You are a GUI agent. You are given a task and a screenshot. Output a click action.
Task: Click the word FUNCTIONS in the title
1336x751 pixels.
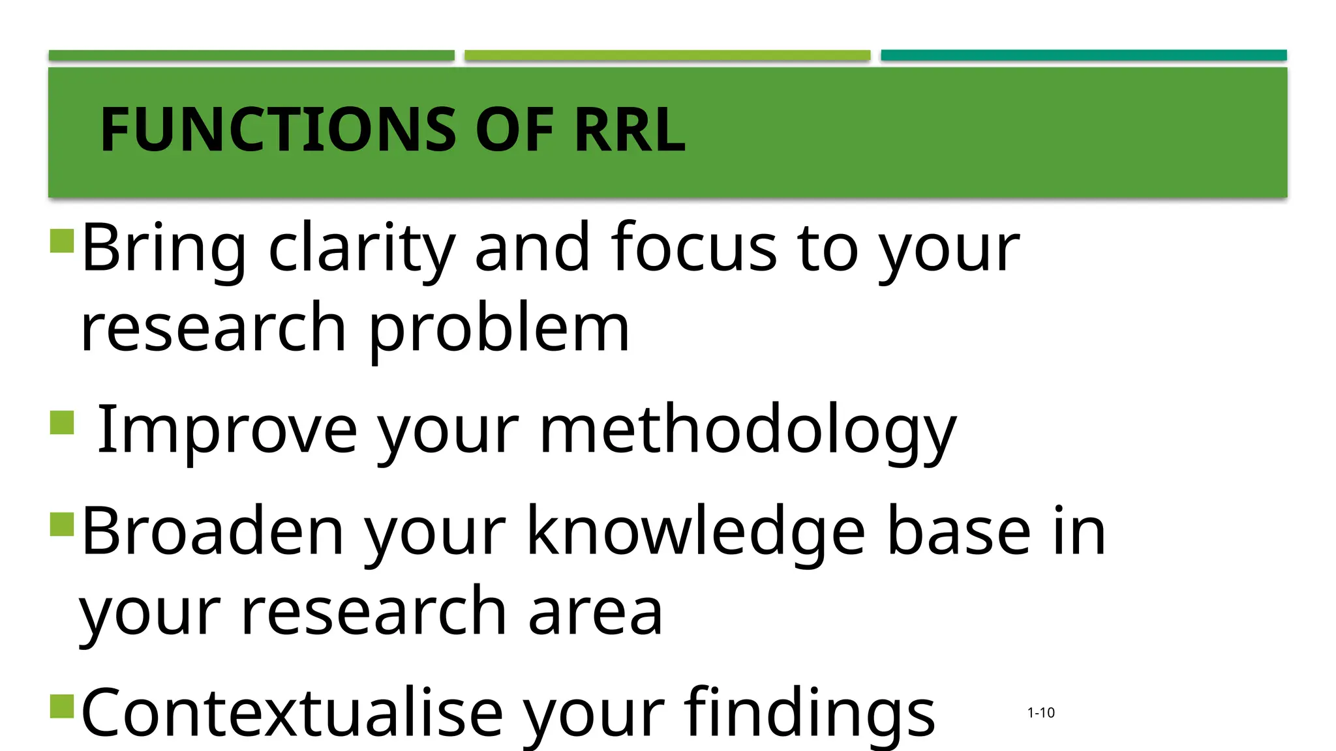point(278,130)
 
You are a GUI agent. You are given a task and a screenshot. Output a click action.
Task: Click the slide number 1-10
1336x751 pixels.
point(1040,713)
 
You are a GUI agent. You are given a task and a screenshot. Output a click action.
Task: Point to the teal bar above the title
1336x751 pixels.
point(1084,55)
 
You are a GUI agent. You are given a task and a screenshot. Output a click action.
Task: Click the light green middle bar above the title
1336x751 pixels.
point(667,55)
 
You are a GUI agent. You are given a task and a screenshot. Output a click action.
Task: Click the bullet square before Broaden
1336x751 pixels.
point(62,523)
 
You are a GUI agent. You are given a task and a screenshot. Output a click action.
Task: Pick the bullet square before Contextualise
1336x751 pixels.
point(62,705)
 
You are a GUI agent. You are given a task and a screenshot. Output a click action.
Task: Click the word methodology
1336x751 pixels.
point(748,430)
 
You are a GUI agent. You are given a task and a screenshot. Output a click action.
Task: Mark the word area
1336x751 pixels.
point(595,613)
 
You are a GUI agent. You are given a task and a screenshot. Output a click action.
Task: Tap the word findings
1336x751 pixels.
point(809,714)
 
